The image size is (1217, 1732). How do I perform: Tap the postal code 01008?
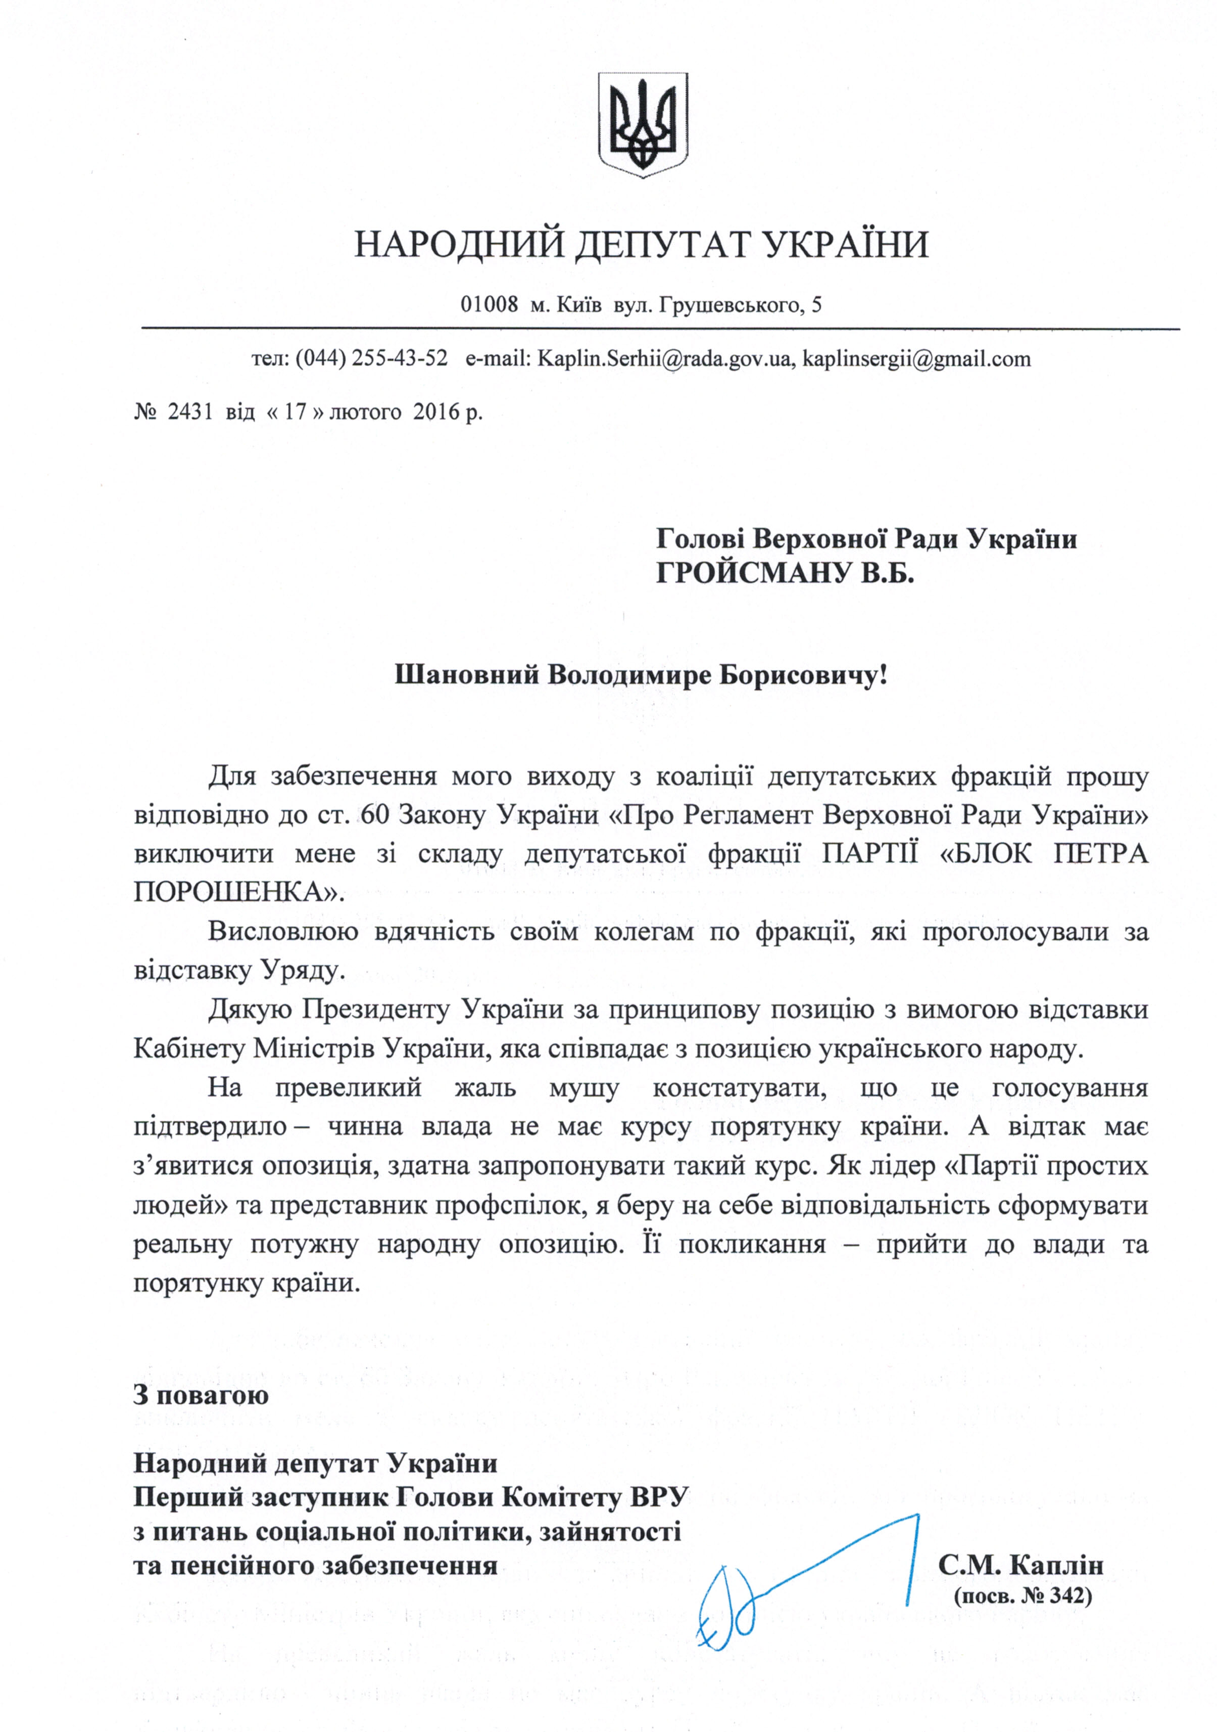click(490, 305)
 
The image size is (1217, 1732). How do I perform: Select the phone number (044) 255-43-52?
click(372, 358)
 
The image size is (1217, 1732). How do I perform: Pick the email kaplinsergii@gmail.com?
click(916, 358)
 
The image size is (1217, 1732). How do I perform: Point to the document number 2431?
click(191, 413)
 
